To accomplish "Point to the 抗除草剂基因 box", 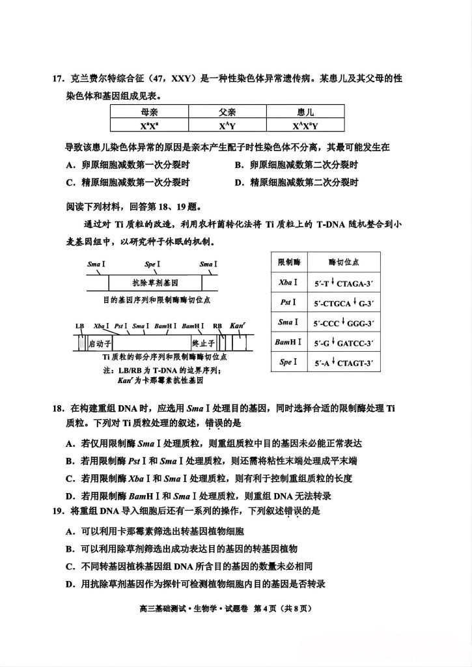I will click(x=155, y=283).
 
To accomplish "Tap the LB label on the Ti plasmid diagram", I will click(x=80, y=326).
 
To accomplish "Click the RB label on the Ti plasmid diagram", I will click(x=217, y=326).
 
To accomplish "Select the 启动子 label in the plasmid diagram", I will click(x=100, y=342).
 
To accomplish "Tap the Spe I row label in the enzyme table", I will click(x=288, y=362).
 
